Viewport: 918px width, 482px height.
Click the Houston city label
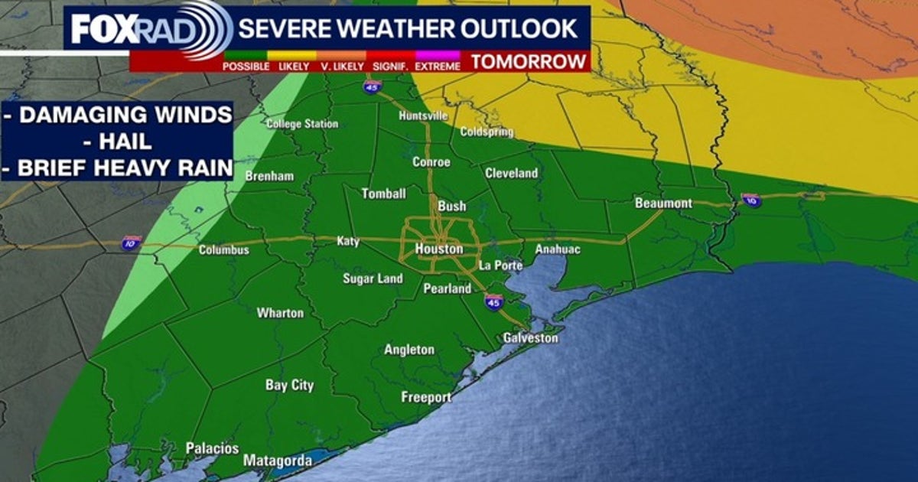(x=438, y=249)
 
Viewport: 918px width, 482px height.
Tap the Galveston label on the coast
(x=531, y=337)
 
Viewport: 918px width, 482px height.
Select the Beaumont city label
(x=663, y=204)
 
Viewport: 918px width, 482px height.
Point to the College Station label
(x=302, y=124)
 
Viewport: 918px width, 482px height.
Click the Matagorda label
(x=278, y=461)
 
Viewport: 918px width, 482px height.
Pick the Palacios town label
(x=213, y=448)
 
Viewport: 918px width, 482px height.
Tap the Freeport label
(x=426, y=397)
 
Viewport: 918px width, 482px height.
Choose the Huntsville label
(x=423, y=116)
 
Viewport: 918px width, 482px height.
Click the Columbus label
(x=224, y=250)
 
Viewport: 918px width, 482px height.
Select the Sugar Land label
(x=373, y=278)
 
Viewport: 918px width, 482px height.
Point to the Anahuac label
(x=558, y=249)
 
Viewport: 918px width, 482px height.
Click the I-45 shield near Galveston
(x=493, y=302)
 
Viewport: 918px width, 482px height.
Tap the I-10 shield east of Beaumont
(x=751, y=200)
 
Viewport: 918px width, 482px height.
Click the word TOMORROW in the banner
(x=529, y=61)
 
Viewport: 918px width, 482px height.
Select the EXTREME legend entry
(x=438, y=66)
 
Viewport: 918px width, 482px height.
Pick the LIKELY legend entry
(x=294, y=66)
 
